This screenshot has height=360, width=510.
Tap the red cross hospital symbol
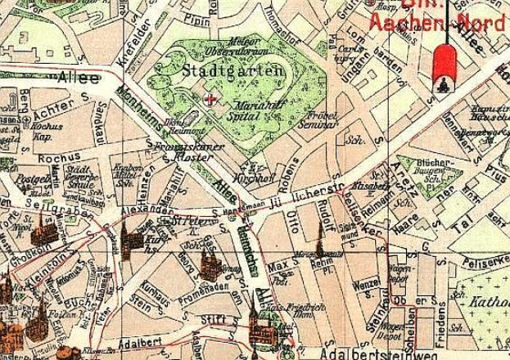(x=214, y=99)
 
